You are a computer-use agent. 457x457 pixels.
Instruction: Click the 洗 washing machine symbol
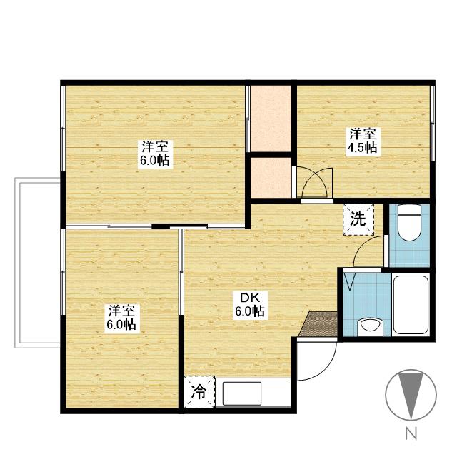click(x=358, y=219)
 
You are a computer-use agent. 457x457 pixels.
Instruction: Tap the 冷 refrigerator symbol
click(x=200, y=392)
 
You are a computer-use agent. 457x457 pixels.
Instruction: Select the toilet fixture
click(x=409, y=222)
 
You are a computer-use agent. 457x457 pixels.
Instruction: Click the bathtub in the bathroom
click(x=411, y=304)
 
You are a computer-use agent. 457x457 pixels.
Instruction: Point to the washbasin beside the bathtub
click(x=370, y=326)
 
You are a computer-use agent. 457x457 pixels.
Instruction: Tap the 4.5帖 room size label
click(x=361, y=148)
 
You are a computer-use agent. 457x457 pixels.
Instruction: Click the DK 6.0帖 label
click(x=250, y=305)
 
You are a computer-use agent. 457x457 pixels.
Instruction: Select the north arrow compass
click(x=411, y=395)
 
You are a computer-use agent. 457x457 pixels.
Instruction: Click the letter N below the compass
click(x=411, y=433)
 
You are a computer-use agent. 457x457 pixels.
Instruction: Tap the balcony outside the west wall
click(x=37, y=263)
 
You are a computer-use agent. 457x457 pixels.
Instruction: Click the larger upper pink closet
click(x=271, y=119)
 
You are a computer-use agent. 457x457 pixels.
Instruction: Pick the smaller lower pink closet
click(x=271, y=178)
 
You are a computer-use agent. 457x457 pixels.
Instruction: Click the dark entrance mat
click(x=319, y=323)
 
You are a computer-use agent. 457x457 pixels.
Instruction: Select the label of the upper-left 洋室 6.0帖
click(x=155, y=154)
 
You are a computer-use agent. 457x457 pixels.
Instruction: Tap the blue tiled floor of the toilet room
click(x=409, y=253)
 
